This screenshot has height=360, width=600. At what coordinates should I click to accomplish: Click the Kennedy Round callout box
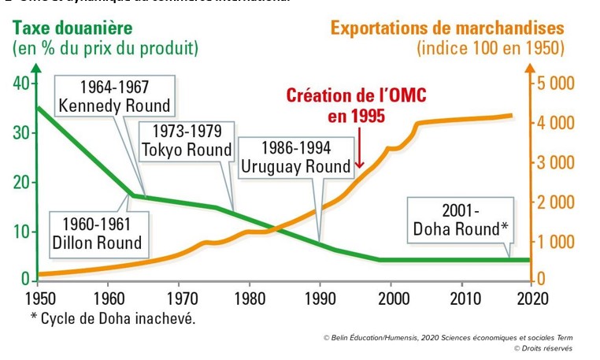click(114, 96)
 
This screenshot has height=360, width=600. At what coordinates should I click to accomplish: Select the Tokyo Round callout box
click(187, 140)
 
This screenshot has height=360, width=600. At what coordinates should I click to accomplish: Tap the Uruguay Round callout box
click(295, 157)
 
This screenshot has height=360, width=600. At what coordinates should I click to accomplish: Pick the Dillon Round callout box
click(97, 233)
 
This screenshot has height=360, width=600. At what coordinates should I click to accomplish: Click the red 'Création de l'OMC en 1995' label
click(357, 106)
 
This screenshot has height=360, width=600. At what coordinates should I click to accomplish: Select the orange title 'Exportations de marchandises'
click(447, 28)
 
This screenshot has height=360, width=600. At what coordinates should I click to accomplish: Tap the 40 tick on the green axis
click(21, 84)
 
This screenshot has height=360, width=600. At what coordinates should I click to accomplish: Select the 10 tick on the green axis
click(21, 232)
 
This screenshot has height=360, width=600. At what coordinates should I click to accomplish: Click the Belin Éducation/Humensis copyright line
click(447, 336)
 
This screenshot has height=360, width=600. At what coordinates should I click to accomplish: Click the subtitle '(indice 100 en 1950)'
click(491, 48)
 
